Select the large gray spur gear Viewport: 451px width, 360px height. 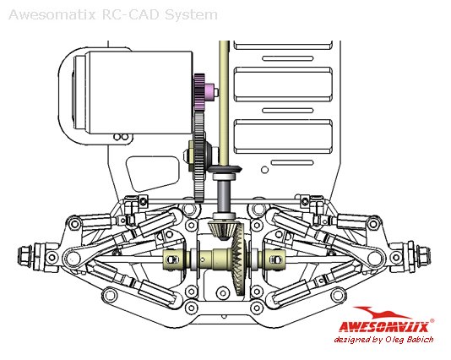(199, 157)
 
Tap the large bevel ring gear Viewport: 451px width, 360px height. (238, 259)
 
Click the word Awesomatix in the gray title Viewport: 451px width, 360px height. (52, 15)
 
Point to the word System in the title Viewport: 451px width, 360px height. (191, 15)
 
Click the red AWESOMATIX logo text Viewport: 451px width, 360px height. (383, 326)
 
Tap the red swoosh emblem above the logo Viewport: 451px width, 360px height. (379, 312)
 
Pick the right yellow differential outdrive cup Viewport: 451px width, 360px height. (274, 259)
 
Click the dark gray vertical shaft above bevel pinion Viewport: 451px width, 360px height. (224, 196)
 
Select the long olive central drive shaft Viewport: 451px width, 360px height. (224, 103)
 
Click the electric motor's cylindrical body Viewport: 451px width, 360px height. (138, 93)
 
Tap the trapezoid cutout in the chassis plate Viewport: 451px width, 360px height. (153, 172)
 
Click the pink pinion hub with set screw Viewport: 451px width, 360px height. (210, 92)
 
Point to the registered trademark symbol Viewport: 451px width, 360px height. (432, 321)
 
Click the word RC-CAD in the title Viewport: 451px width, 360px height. (130, 15)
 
